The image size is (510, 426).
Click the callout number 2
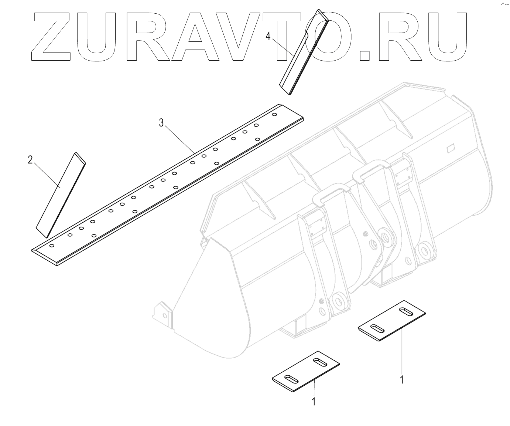[x=31, y=160]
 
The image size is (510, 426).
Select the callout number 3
[x=161, y=123]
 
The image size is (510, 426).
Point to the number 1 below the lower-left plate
[x=314, y=402]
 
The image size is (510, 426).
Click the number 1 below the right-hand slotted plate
[x=402, y=379]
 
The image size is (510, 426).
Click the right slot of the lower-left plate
[x=317, y=361]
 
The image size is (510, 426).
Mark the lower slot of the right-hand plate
[x=377, y=328]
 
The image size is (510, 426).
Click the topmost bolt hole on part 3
[x=274, y=115]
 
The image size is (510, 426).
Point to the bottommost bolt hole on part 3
[x=52, y=246]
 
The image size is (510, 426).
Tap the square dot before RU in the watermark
[x=365, y=55]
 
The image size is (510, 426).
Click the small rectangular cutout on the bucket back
[x=450, y=149]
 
